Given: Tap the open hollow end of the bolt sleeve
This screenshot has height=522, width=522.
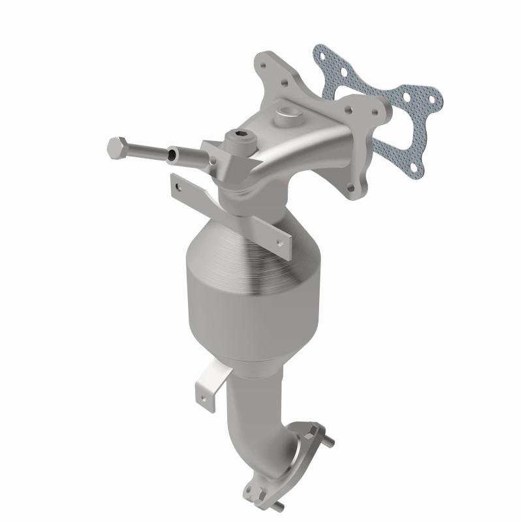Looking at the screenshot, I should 172,155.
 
